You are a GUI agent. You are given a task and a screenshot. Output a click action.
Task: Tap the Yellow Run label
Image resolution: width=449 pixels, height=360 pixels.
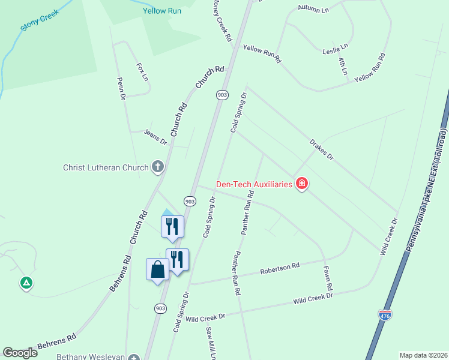pyautogui.click(x=162, y=11)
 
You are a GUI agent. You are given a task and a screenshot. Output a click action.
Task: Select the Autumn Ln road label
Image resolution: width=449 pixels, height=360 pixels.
pyautogui.click(x=314, y=10)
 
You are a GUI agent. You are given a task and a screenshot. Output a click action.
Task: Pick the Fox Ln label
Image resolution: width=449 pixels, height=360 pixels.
pyautogui.click(x=141, y=72)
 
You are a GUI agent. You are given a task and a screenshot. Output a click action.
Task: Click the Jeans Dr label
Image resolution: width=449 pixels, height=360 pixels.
pyautogui.click(x=155, y=137)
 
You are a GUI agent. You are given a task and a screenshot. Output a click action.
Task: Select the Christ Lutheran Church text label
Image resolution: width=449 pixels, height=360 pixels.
pyautogui.click(x=106, y=167)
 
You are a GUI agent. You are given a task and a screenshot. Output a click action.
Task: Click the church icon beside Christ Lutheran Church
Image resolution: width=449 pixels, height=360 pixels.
pyautogui.click(x=158, y=167)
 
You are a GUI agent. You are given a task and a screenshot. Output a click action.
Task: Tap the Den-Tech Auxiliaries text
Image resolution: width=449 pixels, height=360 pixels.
pyautogui.click(x=255, y=184)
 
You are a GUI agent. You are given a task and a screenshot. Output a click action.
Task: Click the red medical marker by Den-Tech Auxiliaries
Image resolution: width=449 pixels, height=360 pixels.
pyautogui.click(x=302, y=184)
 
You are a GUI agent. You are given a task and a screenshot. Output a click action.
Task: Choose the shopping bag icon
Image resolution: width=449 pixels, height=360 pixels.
pyautogui.click(x=157, y=269)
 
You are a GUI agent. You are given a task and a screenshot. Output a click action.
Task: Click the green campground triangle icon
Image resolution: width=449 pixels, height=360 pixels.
pyautogui.click(x=26, y=282)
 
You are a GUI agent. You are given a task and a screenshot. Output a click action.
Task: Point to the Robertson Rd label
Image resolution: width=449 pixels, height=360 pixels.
pyautogui.click(x=280, y=269)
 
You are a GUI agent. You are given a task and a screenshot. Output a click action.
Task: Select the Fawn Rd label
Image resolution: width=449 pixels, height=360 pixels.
pyautogui.click(x=327, y=279)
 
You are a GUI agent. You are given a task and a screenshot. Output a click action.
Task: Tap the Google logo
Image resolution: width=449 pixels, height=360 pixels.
pyautogui.click(x=20, y=352)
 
